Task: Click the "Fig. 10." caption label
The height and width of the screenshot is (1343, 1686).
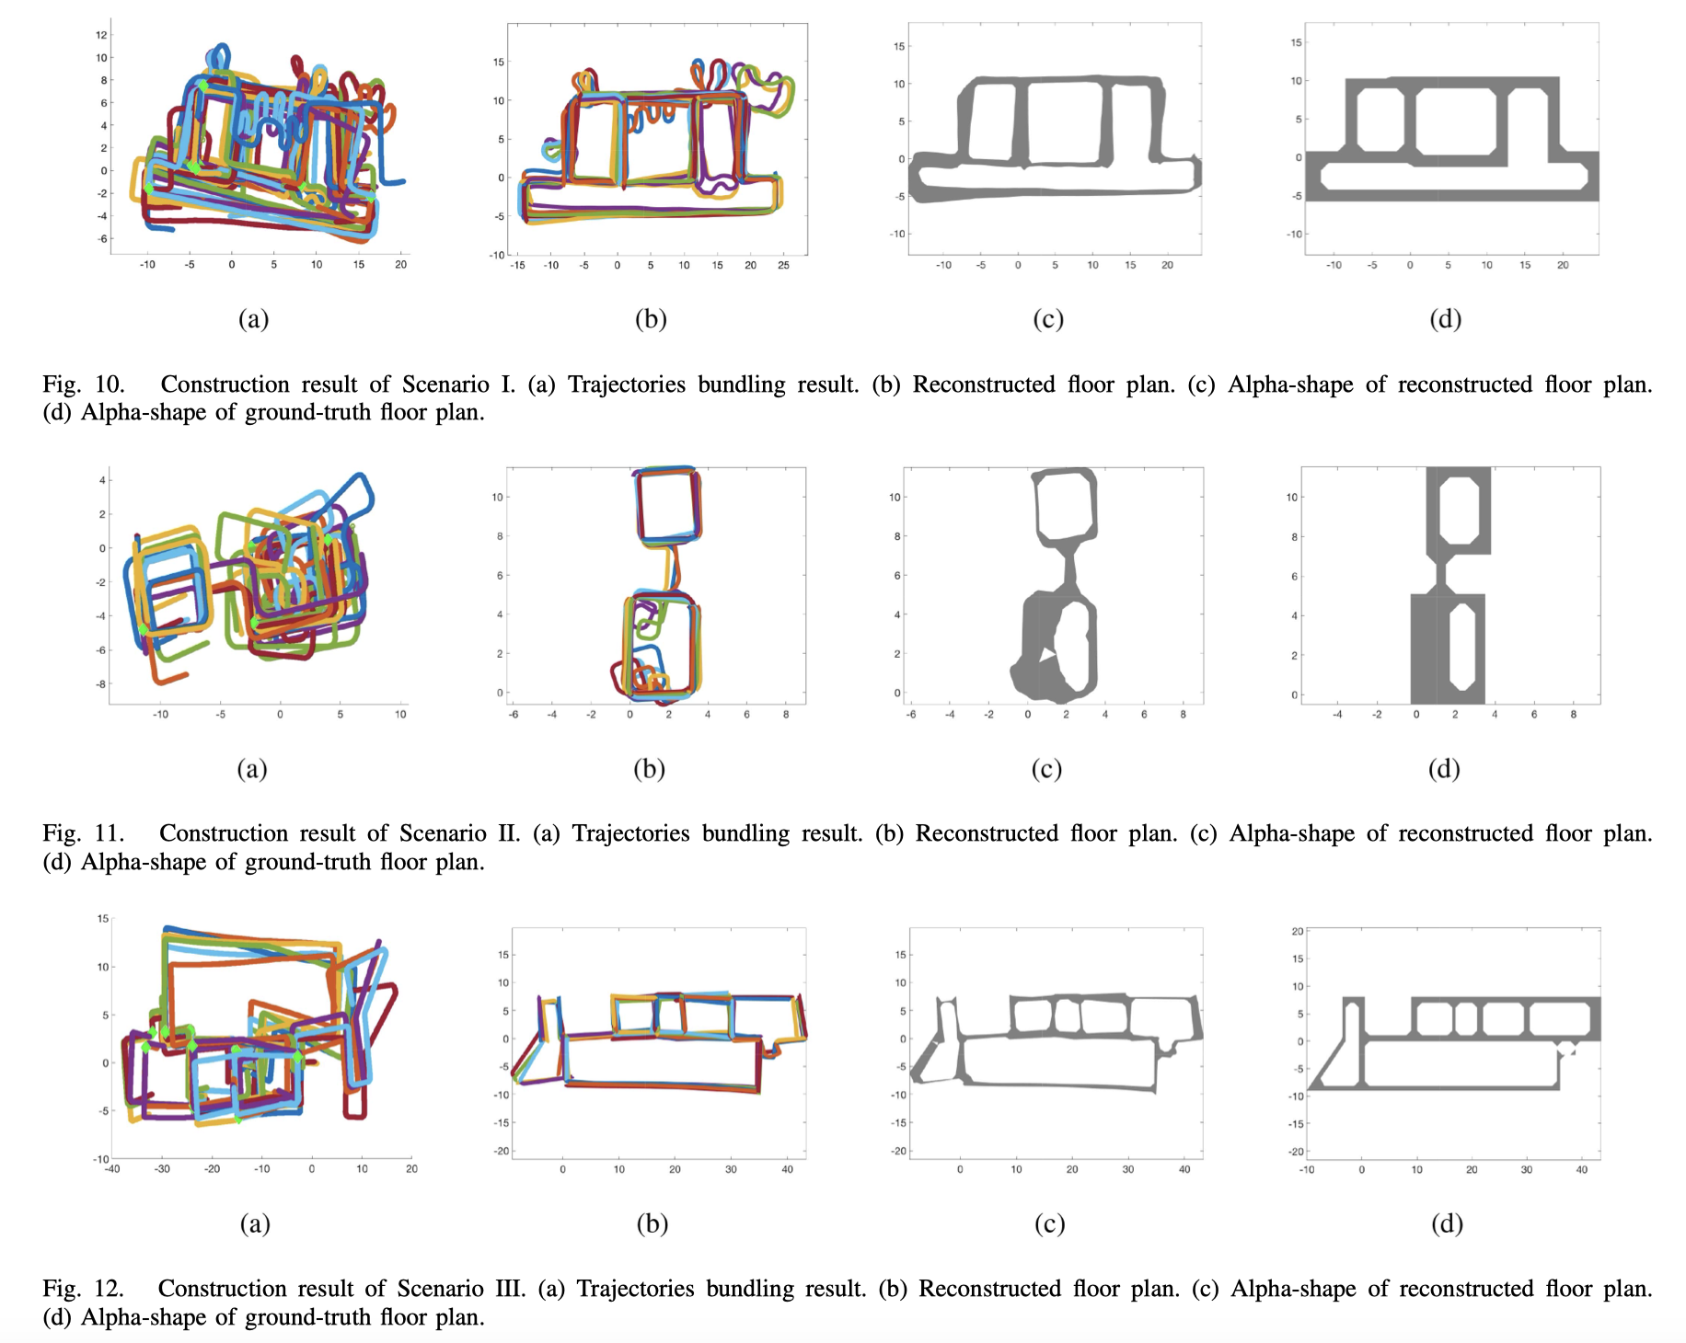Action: click(x=84, y=384)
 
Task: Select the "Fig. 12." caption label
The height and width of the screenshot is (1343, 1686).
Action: click(x=83, y=1288)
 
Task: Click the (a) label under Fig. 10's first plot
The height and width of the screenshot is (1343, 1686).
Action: click(x=253, y=318)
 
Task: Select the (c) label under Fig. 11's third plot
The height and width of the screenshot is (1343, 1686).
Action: click(x=1046, y=768)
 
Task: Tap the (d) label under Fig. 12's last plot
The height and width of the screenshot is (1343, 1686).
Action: click(x=1447, y=1222)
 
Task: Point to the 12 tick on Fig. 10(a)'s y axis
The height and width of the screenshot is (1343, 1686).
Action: click(x=101, y=35)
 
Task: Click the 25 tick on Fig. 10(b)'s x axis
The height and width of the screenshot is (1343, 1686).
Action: click(x=783, y=265)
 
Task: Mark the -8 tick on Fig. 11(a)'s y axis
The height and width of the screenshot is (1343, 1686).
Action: click(x=101, y=684)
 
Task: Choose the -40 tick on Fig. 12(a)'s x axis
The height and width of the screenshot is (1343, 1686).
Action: click(x=111, y=1169)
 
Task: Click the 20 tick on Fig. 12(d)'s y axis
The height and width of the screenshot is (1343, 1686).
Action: click(x=1298, y=932)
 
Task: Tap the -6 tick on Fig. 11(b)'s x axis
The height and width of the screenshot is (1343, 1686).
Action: click(x=513, y=715)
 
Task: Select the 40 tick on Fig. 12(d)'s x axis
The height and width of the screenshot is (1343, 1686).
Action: click(x=1582, y=1170)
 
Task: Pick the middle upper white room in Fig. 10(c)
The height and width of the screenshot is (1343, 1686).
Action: click(x=1063, y=122)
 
